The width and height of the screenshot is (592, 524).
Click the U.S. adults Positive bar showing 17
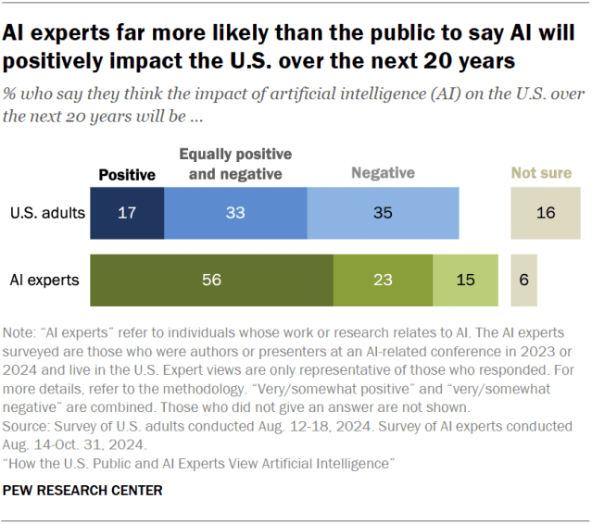click(x=127, y=212)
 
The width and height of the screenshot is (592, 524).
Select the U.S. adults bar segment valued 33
click(x=235, y=212)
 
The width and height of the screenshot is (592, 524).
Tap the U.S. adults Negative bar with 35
click(x=382, y=212)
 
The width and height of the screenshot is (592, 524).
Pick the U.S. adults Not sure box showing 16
click(x=545, y=212)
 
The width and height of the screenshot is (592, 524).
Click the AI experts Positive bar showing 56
click(x=211, y=279)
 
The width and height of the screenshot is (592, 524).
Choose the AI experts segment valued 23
click(x=383, y=279)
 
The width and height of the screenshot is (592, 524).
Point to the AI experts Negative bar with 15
click(x=465, y=279)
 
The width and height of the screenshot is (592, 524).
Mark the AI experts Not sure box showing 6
click(x=523, y=279)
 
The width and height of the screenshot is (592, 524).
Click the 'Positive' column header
click(x=127, y=174)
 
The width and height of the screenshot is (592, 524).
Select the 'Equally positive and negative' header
click(x=234, y=163)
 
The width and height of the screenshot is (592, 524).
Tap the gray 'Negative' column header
click(x=382, y=172)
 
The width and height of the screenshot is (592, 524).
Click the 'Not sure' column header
click(x=543, y=172)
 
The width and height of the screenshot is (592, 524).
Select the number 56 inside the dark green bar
click(x=211, y=279)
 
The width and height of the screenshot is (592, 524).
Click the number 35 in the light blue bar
click(x=382, y=212)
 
